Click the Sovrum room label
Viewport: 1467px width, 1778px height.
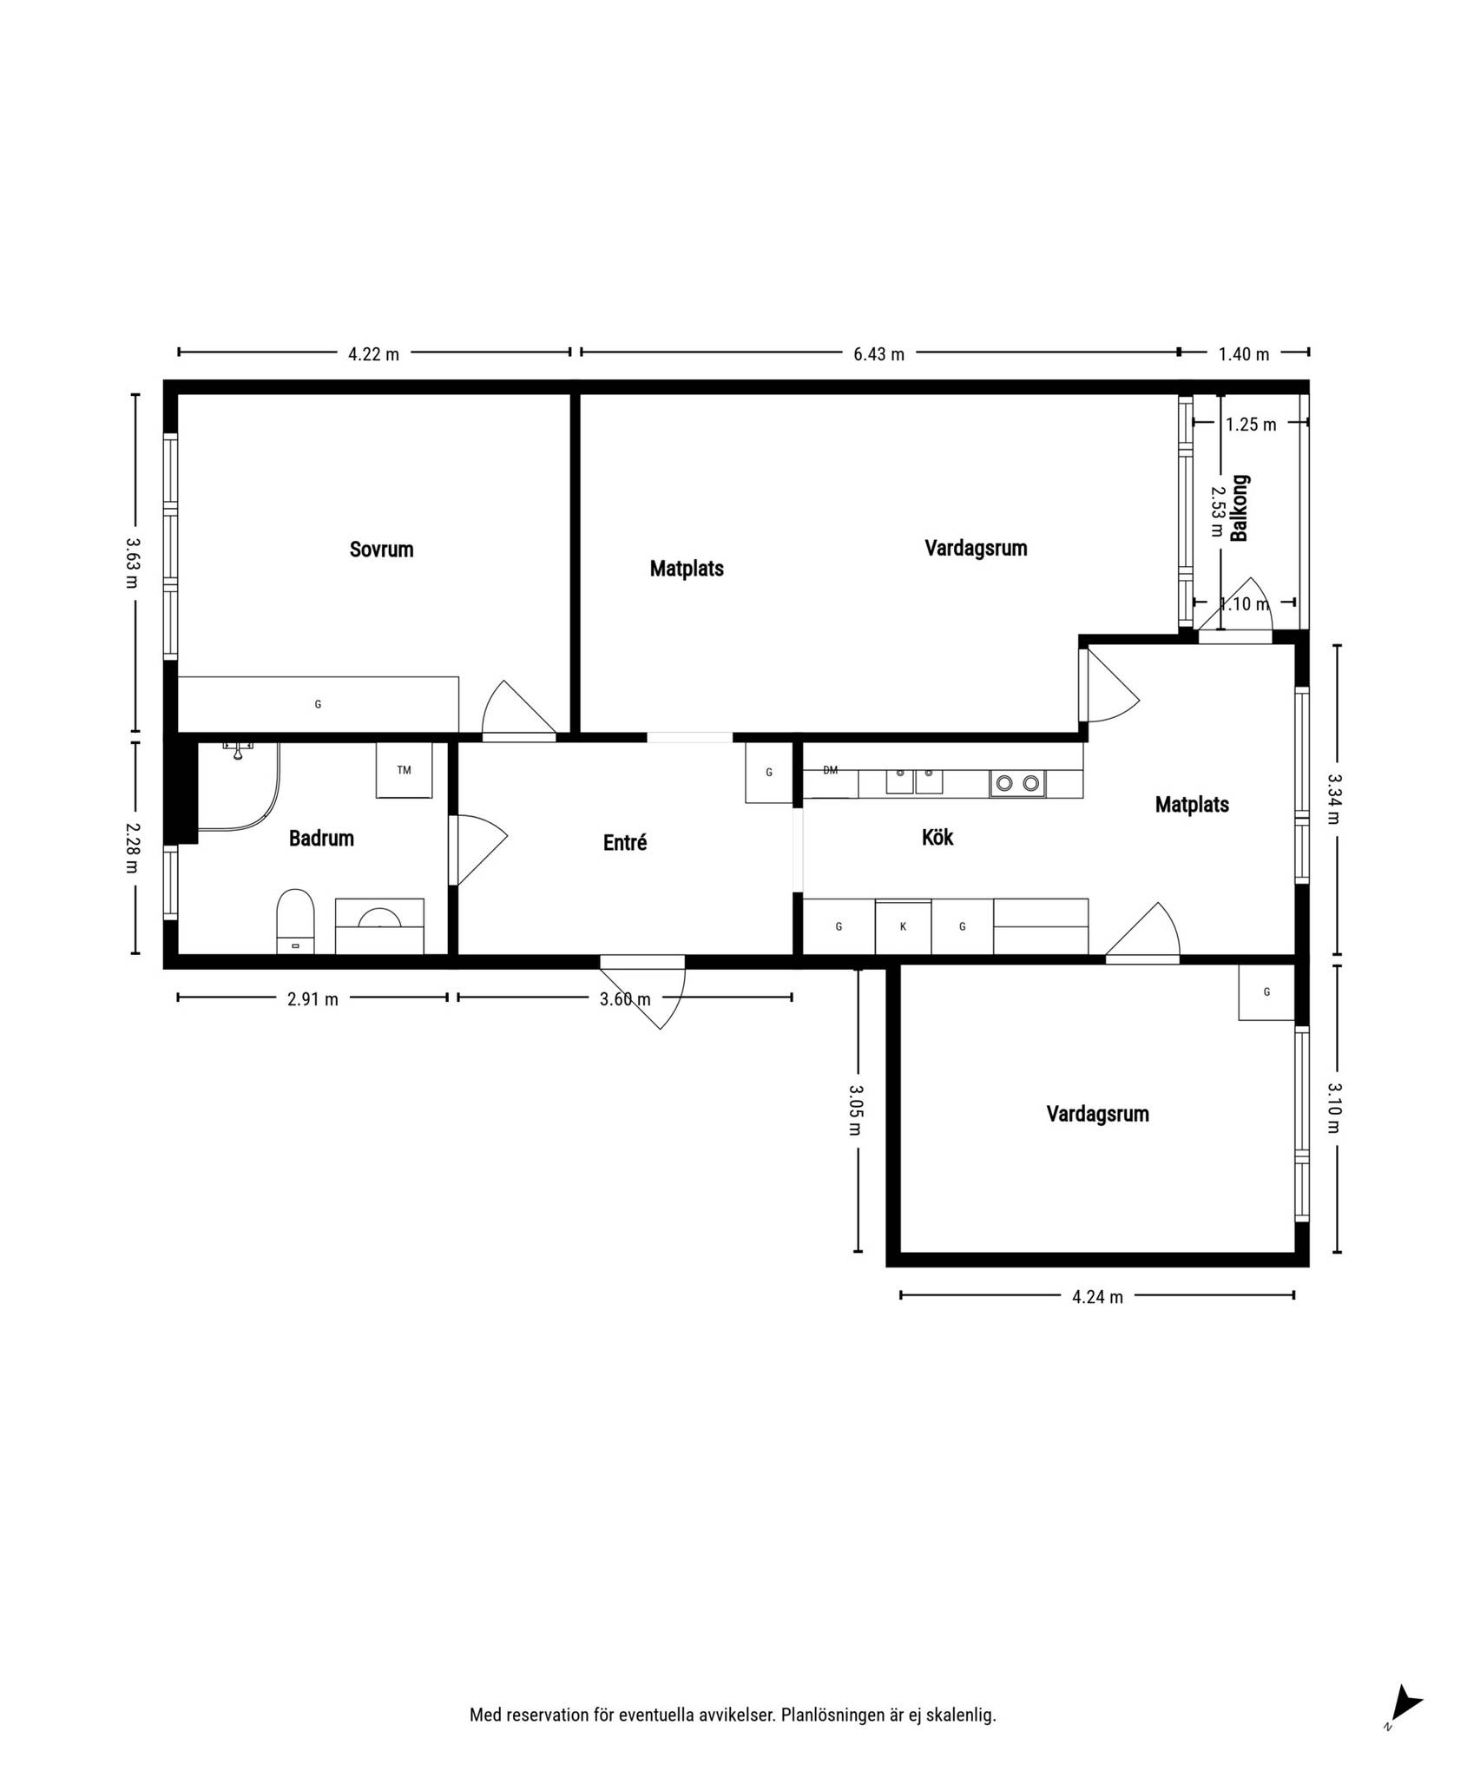pos(381,550)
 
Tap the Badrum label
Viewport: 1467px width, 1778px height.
pos(321,839)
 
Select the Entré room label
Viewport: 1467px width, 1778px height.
pos(625,842)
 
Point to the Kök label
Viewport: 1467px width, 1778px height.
pos(937,837)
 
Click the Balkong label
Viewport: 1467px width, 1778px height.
pos(1240,508)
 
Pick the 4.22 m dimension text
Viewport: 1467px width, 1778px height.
pos(373,354)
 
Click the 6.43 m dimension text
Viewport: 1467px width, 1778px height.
pos(878,354)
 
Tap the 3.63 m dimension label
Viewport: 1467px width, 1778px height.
pos(132,563)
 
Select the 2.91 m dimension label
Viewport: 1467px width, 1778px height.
pos(312,999)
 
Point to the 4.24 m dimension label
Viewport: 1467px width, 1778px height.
pos(1097,1297)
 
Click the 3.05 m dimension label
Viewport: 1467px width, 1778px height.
pos(855,1110)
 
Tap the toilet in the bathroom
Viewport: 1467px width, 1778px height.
pos(295,921)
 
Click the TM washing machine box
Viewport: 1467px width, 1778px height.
pos(404,770)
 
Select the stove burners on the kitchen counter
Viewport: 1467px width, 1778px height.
pos(1017,784)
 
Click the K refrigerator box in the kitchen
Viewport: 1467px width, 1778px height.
pos(903,927)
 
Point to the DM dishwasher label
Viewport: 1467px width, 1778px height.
pos(831,770)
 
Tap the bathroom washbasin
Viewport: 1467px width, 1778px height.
pos(379,918)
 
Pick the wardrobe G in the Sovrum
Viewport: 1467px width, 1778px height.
pos(318,705)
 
